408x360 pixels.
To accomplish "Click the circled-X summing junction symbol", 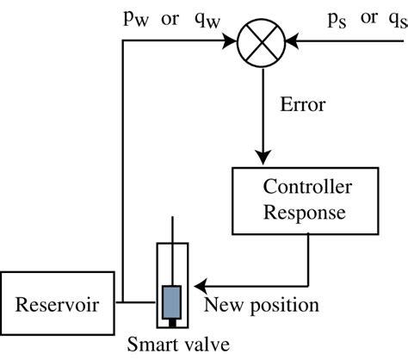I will (262, 39).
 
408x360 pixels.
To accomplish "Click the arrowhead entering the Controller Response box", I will (262, 158).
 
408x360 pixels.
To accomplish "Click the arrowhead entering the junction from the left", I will (235, 39).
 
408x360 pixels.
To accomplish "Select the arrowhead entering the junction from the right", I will (289, 39).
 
